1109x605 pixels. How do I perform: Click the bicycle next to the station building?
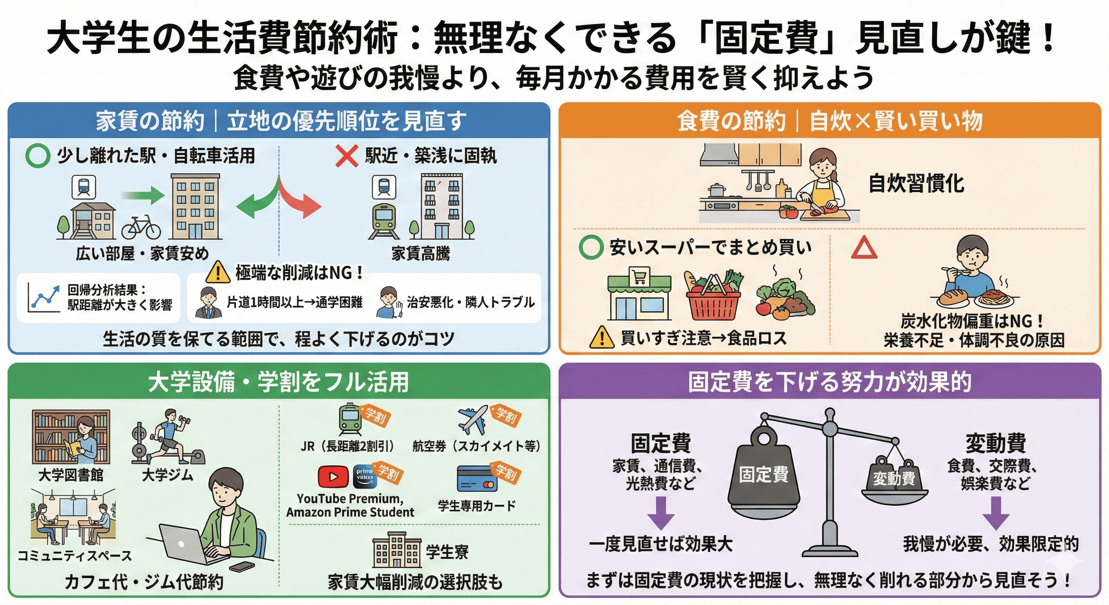click(x=141, y=227)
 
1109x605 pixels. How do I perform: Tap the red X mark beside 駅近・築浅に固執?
click(x=347, y=156)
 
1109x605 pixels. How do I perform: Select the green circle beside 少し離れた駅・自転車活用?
click(x=37, y=156)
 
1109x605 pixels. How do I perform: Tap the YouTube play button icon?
click(x=333, y=476)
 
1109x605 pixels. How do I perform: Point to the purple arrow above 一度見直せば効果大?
click(x=661, y=513)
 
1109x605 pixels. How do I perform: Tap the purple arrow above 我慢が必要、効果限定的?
click(x=996, y=513)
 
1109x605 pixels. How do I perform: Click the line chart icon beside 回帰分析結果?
click(x=43, y=297)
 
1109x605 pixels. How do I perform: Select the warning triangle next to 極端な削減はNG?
click(x=218, y=272)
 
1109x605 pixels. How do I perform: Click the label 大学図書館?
click(x=71, y=475)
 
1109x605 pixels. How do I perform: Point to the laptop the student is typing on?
click(x=189, y=544)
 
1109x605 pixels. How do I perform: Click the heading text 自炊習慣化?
click(x=916, y=184)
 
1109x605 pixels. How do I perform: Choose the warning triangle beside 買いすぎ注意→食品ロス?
click(x=601, y=338)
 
